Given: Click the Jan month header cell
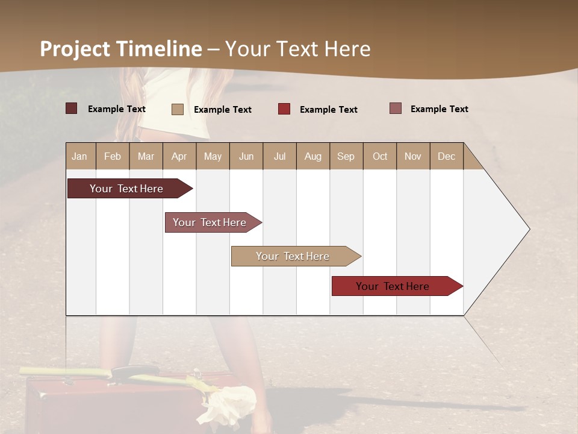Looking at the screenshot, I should (x=80, y=156).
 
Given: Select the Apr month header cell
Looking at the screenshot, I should (x=179, y=156).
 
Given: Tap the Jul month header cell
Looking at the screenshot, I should (x=279, y=156).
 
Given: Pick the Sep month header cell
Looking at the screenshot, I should (x=346, y=156).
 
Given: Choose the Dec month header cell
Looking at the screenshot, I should (x=446, y=156).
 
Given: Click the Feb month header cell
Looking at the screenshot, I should (x=113, y=156).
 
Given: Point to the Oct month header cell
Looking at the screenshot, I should (x=380, y=156).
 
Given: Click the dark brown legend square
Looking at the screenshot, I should (x=72, y=108).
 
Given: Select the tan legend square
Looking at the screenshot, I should (x=178, y=109).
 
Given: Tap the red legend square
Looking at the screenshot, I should (x=284, y=109).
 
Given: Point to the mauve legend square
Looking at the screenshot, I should (x=396, y=108).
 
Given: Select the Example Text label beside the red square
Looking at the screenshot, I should (x=328, y=110).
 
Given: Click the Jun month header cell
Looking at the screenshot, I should (x=246, y=156).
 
